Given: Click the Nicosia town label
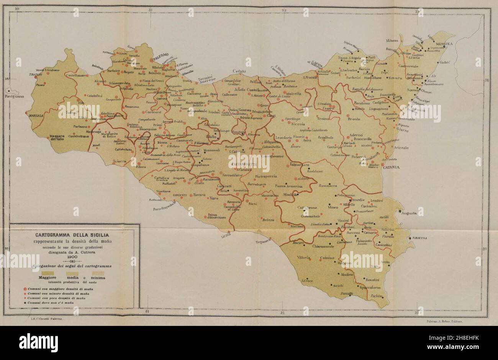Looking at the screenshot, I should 298,124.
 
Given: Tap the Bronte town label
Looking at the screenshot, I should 354,119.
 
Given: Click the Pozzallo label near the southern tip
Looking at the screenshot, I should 346,293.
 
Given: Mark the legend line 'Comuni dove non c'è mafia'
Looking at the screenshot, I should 50,303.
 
